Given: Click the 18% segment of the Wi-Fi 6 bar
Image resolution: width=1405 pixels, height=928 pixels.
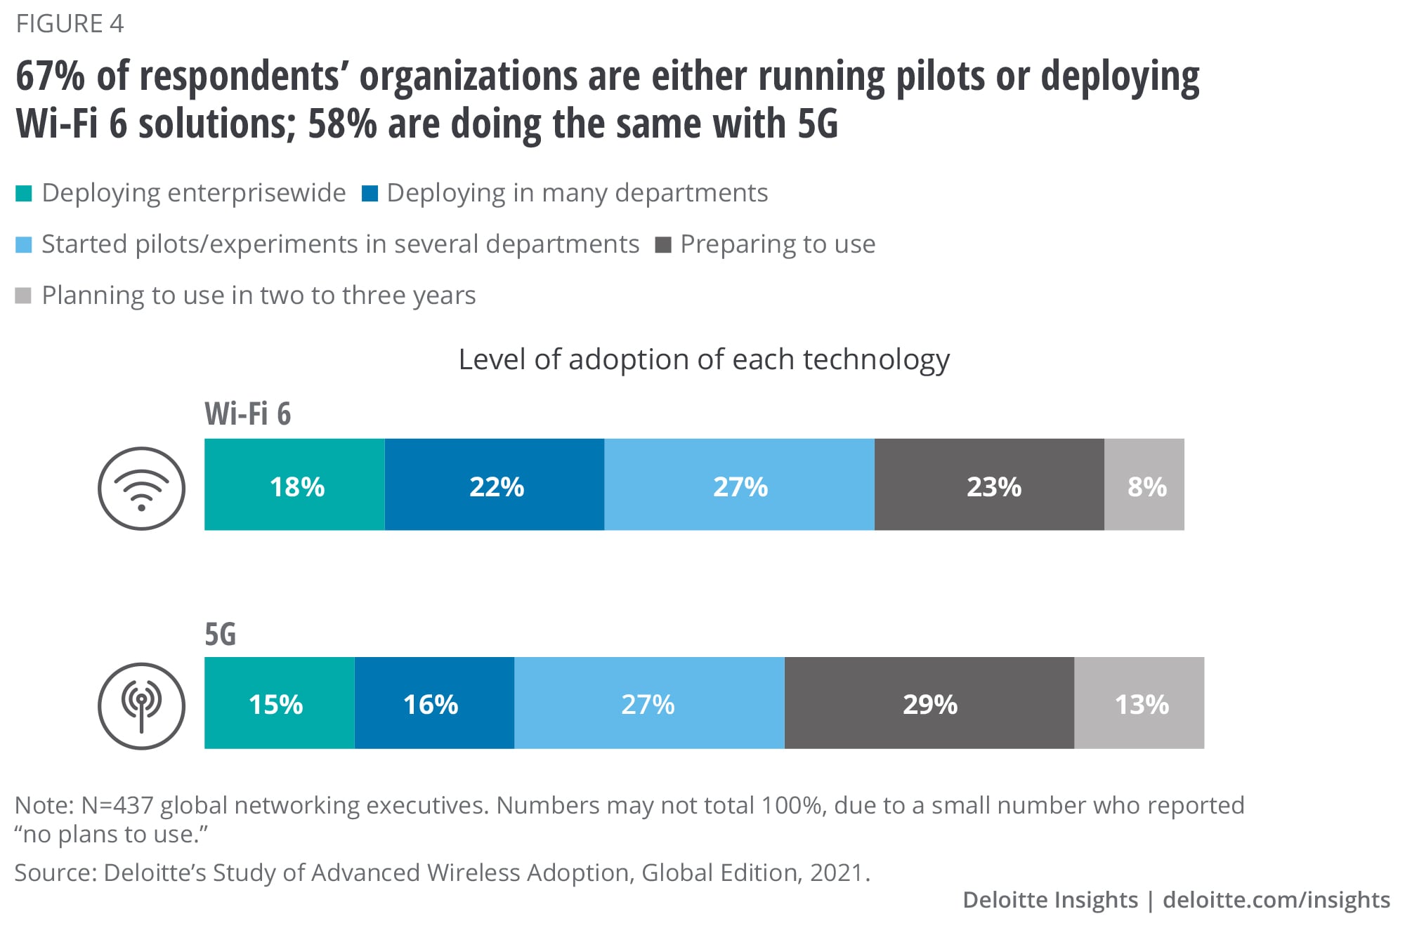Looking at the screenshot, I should click(x=294, y=484).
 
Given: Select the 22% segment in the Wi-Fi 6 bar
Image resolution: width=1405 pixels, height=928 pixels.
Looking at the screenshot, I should click(x=495, y=484).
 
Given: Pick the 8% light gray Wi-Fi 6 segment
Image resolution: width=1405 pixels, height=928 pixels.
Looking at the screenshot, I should click(x=1144, y=484).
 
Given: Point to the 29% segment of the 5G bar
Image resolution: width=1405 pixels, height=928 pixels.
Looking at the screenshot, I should click(x=929, y=703).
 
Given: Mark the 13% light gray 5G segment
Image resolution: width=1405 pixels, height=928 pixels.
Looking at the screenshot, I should click(x=1139, y=703).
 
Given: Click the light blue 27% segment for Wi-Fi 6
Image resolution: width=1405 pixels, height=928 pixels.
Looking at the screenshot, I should click(x=739, y=484).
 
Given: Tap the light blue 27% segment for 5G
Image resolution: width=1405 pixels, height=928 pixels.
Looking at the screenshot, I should click(x=649, y=703).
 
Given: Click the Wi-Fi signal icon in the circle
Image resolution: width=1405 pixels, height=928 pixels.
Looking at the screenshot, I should click(x=141, y=489).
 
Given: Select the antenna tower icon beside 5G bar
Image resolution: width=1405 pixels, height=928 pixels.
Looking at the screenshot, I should click(x=141, y=705).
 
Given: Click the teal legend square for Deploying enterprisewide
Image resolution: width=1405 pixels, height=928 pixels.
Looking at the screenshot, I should click(x=24, y=193).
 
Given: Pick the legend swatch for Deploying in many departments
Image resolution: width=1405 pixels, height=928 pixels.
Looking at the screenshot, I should click(x=370, y=193).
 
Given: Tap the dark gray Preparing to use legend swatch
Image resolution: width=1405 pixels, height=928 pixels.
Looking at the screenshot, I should click(x=663, y=245).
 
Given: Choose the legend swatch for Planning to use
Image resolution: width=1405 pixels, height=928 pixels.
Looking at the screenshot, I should click(x=24, y=296).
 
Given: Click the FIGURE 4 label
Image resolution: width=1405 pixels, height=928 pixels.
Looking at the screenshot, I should click(x=70, y=24).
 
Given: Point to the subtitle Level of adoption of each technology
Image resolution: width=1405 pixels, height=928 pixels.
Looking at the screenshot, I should click(x=704, y=359).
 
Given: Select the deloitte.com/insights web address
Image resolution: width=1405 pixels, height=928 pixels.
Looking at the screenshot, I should click(x=1276, y=900).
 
